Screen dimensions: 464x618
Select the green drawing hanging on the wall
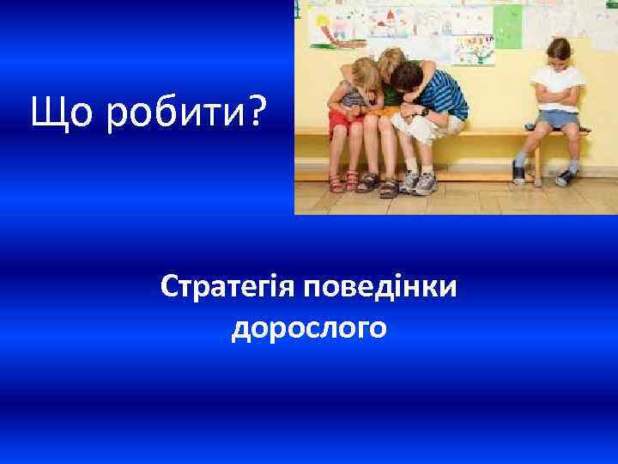507,26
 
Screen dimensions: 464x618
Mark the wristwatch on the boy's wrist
424,112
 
